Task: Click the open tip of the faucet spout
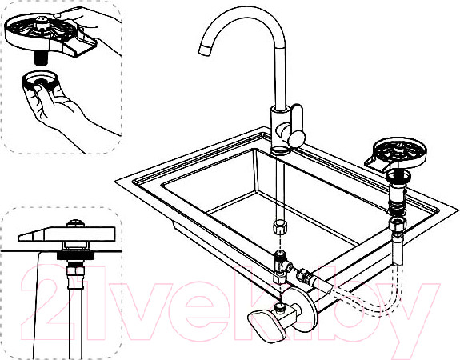(205, 50)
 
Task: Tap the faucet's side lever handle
(297, 126)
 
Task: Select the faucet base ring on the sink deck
(280, 151)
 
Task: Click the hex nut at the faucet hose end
(280, 226)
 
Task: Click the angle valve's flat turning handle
(267, 325)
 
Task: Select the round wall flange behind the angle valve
(305, 305)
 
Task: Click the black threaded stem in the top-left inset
(41, 58)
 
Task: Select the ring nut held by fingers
(39, 80)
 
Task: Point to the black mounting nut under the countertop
(75, 255)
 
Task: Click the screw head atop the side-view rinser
(76, 223)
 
